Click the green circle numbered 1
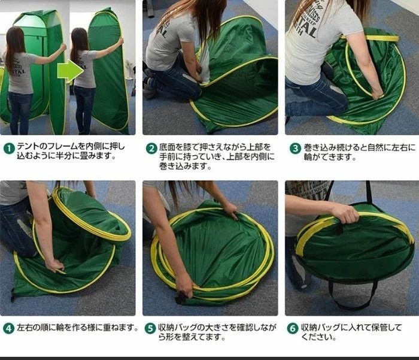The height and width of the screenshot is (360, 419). (x=10, y=148)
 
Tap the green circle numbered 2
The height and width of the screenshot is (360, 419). (x=151, y=148)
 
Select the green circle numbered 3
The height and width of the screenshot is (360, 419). (x=296, y=148)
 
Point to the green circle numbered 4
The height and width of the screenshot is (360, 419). (x=9, y=328)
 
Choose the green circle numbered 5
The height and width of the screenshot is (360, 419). (x=150, y=328)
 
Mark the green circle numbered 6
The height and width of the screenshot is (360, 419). (x=293, y=328)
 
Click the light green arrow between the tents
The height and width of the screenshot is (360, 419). (x=71, y=71)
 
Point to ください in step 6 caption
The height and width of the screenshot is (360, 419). (x=318, y=337)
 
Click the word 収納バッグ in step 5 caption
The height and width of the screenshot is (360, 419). (x=177, y=327)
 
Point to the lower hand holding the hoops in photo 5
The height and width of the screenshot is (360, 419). (x=185, y=288)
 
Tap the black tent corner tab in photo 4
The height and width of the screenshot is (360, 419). (x=13, y=294)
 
